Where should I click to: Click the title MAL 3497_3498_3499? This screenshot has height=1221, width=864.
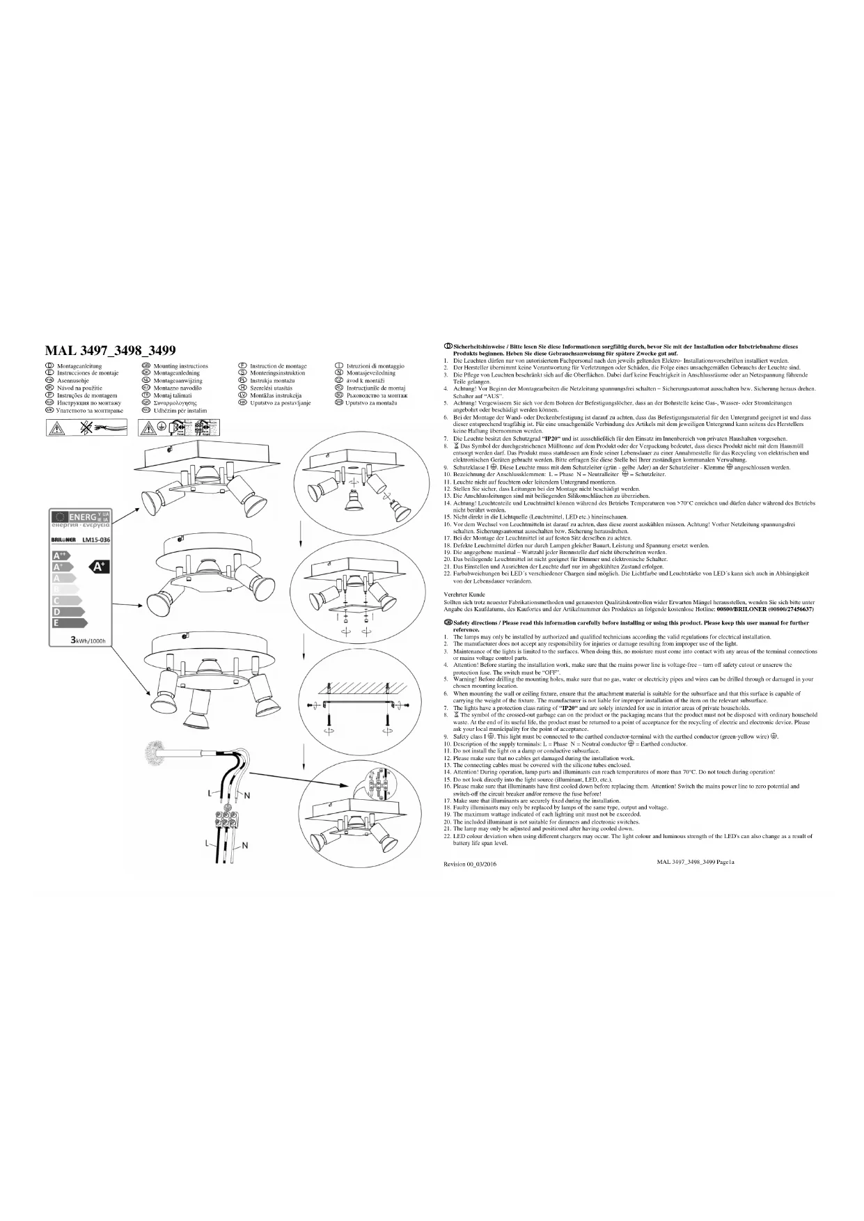click(110, 350)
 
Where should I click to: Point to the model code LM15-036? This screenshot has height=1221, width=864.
click(96, 539)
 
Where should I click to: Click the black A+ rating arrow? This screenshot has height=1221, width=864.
click(100, 567)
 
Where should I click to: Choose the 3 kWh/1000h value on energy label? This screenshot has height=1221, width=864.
click(86, 640)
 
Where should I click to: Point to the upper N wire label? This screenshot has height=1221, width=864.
click(247, 794)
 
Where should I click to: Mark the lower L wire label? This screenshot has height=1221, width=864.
click(207, 843)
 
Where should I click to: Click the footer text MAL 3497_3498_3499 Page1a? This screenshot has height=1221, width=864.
click(695, 862)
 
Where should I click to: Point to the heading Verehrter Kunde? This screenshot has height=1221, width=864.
click(464, 594)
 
